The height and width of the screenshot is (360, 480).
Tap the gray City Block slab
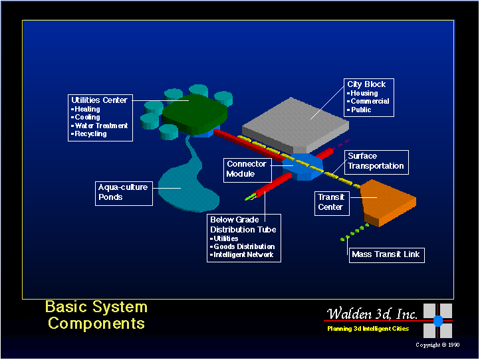(295, 124)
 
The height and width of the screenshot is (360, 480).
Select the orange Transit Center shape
(388, 203)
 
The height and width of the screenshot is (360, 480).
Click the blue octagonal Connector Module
(302, 167)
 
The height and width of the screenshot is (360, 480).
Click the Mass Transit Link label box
(387, 255)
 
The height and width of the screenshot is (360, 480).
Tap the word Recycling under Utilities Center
(90, 134)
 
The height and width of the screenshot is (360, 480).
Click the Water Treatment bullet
(101, 126)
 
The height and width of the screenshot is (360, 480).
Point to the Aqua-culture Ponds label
(124, 193)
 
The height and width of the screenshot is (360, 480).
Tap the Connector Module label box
(247, 170)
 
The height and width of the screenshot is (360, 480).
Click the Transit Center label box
(332, 203)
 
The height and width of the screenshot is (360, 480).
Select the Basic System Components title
(96, 315)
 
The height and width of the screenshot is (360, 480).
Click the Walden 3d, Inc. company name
(372, 314)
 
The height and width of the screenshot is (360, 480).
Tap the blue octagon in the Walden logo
(438, 321)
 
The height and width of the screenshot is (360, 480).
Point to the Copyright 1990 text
(437, 345)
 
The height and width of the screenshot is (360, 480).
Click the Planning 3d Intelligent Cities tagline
(368, 329)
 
